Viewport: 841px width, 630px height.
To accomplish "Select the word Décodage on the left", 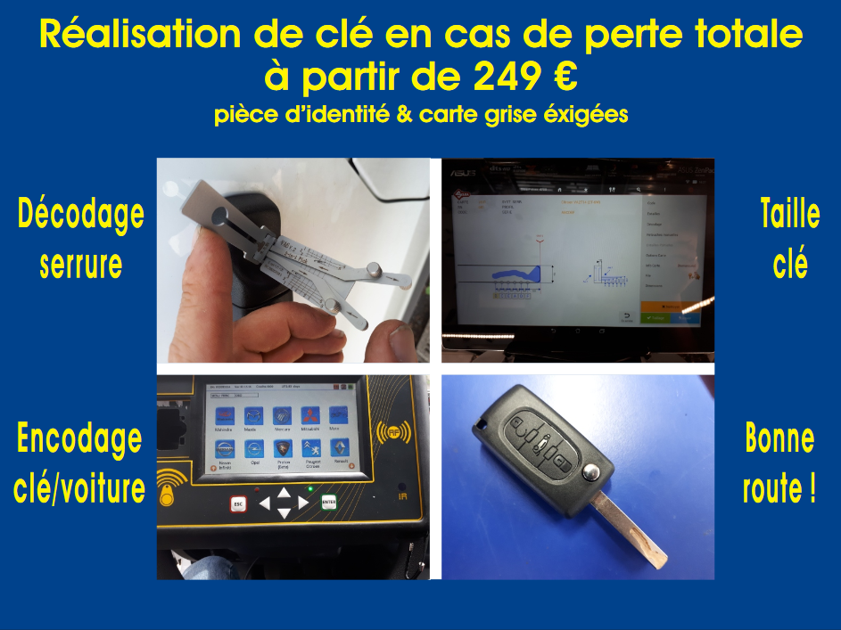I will point(80,215).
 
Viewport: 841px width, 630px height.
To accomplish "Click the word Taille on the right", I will point(790,215).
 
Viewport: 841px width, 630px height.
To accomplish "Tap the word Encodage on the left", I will point(79,438).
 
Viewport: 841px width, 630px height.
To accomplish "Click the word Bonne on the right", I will point(779,438).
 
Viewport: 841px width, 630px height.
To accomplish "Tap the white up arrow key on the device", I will point(284,491).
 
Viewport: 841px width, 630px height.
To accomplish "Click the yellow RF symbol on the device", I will point(389,432).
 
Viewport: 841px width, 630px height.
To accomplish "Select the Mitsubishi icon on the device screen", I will point(309,419).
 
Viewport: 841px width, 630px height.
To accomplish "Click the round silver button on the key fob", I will point(590,471).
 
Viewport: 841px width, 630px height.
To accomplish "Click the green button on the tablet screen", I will point(657,316).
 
